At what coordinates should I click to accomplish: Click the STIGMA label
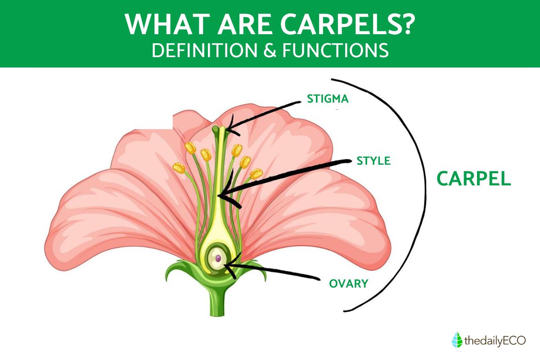coord(328,99)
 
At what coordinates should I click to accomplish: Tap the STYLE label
coord(373,161)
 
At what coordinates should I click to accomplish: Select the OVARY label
coord(349,283)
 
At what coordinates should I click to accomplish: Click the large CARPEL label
coord(474,179)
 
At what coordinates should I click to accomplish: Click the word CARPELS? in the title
coord(347,25)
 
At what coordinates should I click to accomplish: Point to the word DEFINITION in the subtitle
coord(204,50)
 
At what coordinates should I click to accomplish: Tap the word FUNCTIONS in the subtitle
coord(336,50)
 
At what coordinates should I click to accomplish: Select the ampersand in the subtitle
coord(270,50)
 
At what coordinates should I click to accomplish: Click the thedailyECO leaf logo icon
coord(457,340)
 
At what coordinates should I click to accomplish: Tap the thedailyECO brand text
coord(495,341)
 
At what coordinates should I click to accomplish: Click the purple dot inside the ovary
coord(218,258)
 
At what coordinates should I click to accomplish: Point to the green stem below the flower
coord(217,301)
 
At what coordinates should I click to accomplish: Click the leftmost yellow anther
coord(179,168)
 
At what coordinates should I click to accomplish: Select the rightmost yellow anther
coord(256,174)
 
